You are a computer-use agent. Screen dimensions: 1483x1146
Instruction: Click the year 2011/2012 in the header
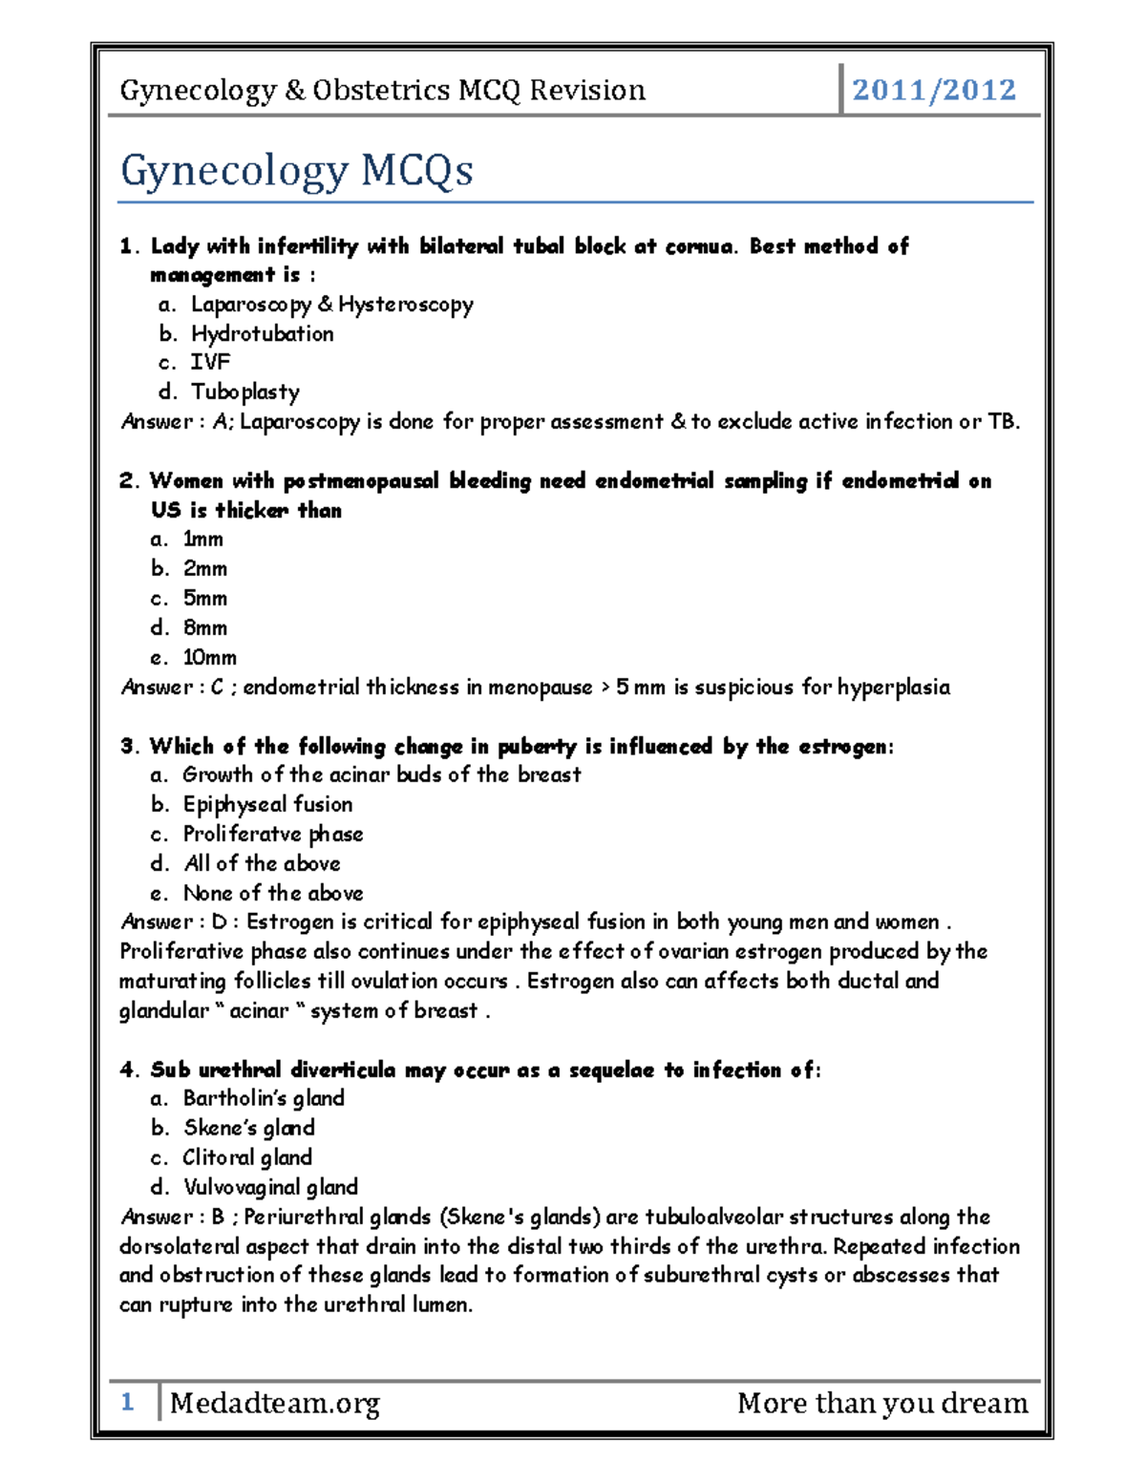coord(933,90)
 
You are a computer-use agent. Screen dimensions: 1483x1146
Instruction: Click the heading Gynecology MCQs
coord(296,171)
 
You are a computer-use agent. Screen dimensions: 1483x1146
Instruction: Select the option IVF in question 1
coord(210,362)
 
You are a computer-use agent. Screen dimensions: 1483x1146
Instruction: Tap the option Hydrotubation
coord(262,333)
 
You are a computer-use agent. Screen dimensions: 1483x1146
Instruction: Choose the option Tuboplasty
coord(244,392)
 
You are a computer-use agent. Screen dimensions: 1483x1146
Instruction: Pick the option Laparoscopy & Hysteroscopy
coord(331,305)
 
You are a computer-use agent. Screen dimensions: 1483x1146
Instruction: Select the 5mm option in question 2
coord(205,599)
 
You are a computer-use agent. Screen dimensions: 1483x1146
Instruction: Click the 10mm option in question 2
coord(209,658)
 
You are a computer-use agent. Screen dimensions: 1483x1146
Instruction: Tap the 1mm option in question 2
coord(202,540)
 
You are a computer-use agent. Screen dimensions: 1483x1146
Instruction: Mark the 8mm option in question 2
coord(205,628)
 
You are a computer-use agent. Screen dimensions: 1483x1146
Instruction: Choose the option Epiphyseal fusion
coord(267,804)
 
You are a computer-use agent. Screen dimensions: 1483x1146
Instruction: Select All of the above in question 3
coord(262,863)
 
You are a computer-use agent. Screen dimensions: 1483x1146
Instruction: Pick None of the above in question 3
coord(273,893)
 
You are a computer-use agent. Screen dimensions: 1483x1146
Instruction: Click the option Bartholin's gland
coord(264,1098)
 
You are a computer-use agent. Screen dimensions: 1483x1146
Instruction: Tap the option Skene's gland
coord(248,1128)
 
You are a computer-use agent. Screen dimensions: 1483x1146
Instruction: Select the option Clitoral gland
coord(247,1157)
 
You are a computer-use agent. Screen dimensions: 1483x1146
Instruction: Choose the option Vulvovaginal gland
coord(270,1187)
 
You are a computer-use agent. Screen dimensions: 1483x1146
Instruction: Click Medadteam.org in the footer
coord(275,1403)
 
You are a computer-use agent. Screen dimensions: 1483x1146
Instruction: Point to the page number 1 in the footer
coord(127,1402)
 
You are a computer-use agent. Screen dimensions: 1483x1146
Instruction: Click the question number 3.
coord(129,747)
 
